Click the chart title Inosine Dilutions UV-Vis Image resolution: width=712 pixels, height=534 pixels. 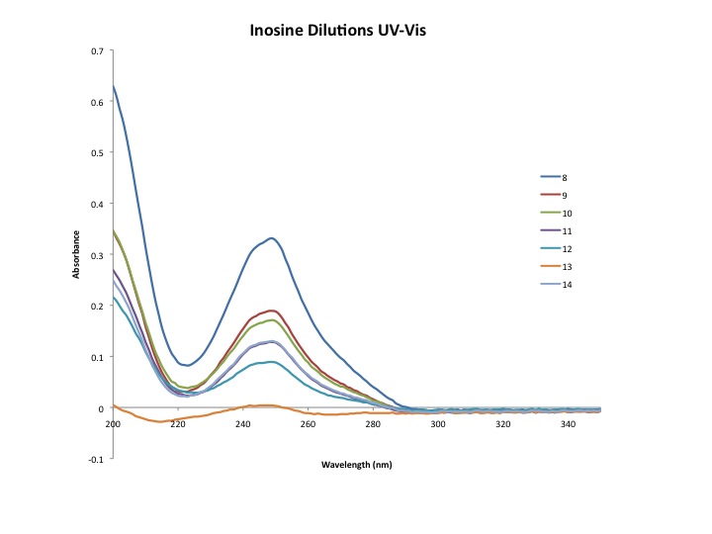(339, 32)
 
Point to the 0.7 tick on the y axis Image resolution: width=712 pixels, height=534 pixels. (97, 50)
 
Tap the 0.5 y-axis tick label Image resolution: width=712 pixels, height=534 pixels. (97, 152)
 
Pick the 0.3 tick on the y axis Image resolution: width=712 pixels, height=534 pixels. (97, 255)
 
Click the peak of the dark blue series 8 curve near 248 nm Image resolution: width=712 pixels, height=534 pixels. (270, 237)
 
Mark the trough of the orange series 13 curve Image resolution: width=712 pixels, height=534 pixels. (161, 422)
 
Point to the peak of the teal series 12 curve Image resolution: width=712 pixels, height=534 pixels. (269, 362)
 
